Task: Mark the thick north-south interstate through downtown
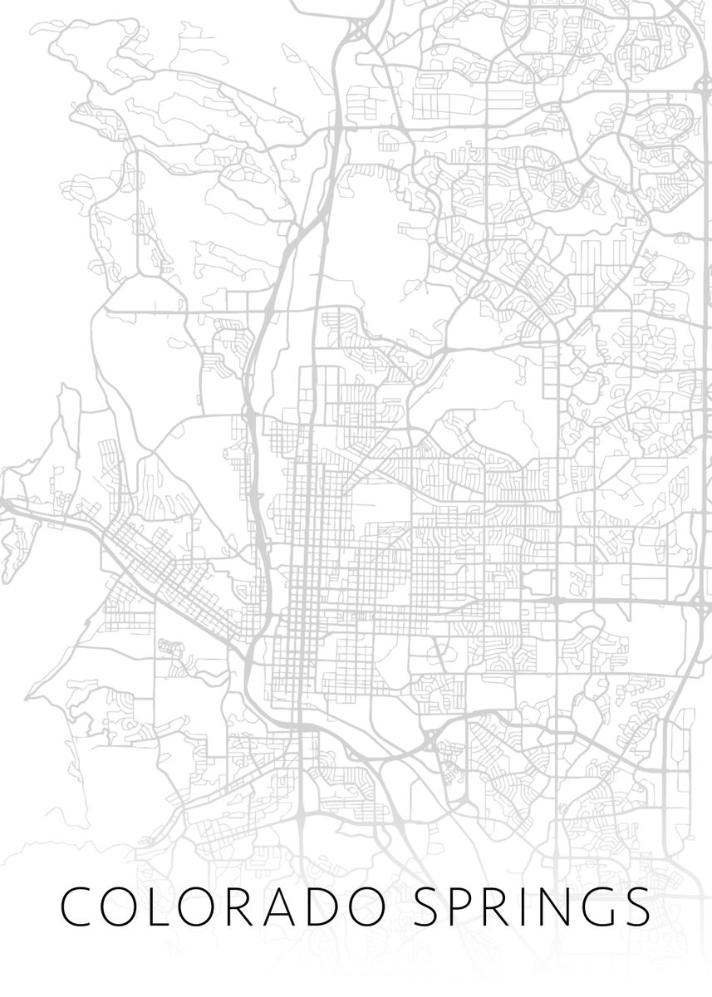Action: coord(258,498)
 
